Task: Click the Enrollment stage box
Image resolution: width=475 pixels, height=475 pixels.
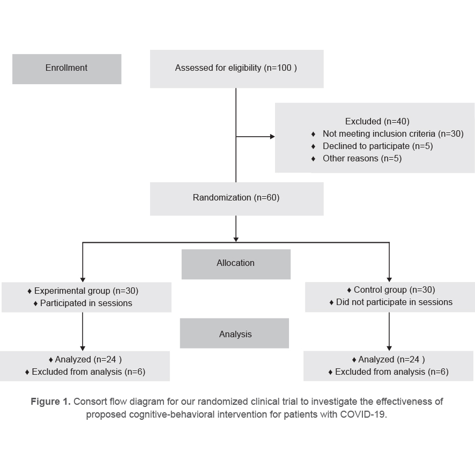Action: [x=66, y=68]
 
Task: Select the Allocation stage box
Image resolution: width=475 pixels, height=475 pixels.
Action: [x=235, y=263]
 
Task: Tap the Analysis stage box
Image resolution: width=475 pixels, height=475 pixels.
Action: [x=235, y=334]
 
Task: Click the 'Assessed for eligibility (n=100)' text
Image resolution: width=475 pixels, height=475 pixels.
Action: [x=236, y=68]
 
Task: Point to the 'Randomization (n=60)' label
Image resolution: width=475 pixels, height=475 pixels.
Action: [x=236, y=198]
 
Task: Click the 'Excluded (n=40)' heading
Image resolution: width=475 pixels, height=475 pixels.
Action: [x=377, y=122]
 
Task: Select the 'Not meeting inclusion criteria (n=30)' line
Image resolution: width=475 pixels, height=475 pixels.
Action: [x=392, y=134]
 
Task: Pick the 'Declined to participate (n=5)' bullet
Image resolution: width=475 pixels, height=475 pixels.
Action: [x=377, y=146]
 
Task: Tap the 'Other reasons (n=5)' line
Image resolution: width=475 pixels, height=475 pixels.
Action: [x=362, y=159]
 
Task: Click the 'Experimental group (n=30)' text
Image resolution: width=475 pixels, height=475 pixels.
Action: [x=86, y=291]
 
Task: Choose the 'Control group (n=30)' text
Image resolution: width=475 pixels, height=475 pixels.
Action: [x=394, y=290]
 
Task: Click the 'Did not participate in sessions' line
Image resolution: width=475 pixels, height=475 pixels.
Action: [x=394, y=302]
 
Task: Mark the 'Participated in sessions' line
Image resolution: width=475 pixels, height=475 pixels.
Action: [x=86, y=303]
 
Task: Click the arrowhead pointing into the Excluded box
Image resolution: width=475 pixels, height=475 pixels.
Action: [x=272, y=137]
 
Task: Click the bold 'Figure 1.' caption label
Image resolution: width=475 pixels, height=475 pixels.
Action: [x=50, y=402]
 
